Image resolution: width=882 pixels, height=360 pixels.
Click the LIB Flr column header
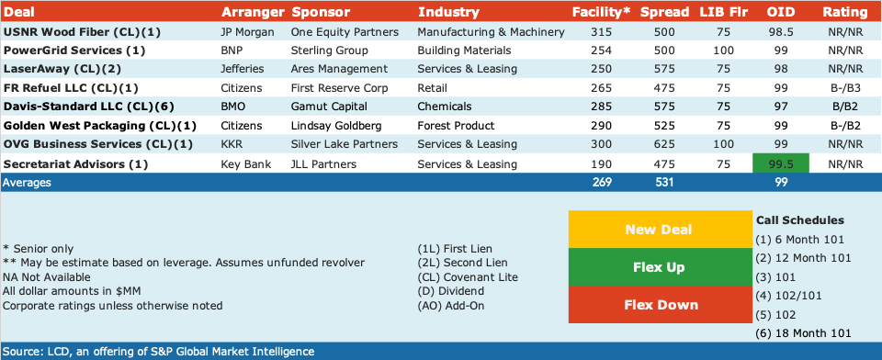[x=724, y=12]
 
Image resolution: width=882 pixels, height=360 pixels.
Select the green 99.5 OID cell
[x=781, y=163]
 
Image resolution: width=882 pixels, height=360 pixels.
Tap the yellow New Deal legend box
[x=659, y=230]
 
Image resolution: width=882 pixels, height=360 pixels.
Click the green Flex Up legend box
[x=659, y=267]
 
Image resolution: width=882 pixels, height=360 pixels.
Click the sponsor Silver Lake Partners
[x=345, y=144]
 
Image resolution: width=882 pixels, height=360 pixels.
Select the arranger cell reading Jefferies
[x=243, y=69]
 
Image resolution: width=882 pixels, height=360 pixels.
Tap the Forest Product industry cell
[x=456, y=126]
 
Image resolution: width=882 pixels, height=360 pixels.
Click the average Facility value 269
[x=602, y=182]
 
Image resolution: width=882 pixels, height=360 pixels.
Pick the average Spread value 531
[x=664, y=182]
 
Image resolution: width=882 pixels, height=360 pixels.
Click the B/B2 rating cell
[x=844, y=107]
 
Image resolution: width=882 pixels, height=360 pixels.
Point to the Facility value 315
[x=601, y=32]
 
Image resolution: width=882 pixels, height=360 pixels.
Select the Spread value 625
[x=664, y=144]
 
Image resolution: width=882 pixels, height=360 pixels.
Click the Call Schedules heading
[x=800, y=219]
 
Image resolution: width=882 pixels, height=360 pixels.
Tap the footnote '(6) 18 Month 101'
[x=803, y=333]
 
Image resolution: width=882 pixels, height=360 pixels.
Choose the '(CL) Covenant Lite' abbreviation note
[x=468, y=276]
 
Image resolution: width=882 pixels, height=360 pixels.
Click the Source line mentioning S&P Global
[x=159, y=352]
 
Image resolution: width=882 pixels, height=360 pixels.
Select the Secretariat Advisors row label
[x=75, y=164]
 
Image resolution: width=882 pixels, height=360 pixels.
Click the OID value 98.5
[x=781, y=32]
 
